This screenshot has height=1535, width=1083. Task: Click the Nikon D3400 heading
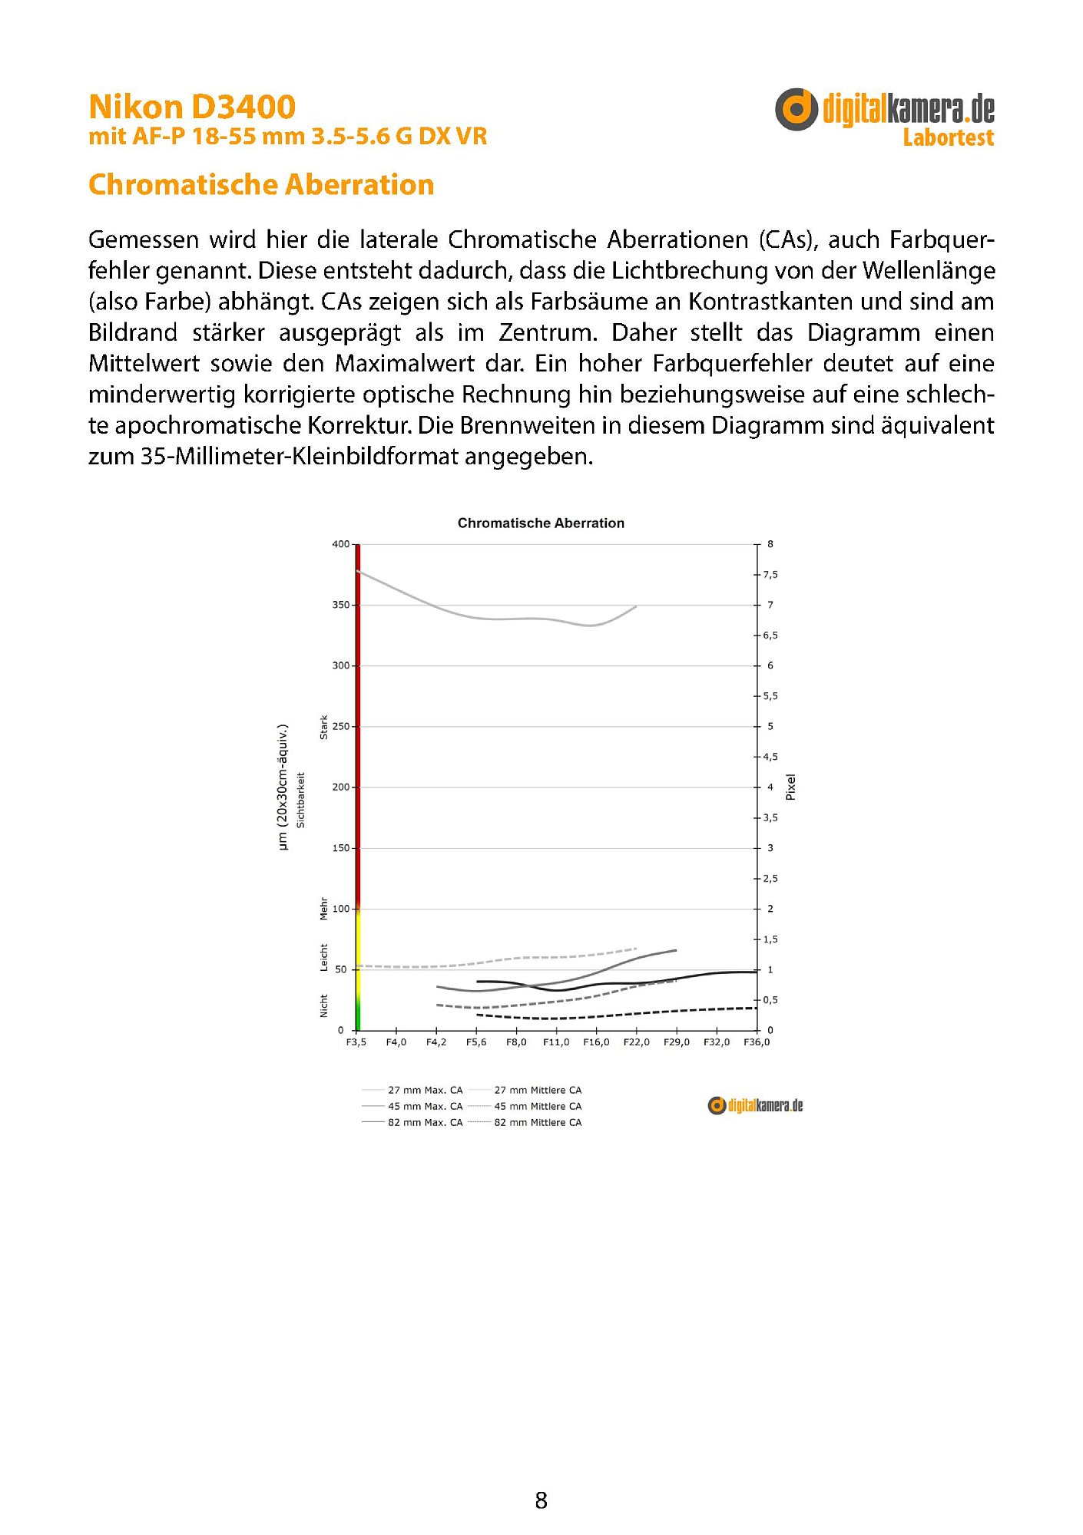click(192, 107)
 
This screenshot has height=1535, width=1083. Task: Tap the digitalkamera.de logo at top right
click(884, 109)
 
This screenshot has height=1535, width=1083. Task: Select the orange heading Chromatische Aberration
click(261, 185)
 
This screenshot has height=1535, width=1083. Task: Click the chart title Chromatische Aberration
click(541, 523)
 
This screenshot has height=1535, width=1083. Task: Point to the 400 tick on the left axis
click(340, 544)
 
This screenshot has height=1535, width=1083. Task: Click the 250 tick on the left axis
click(340, 726)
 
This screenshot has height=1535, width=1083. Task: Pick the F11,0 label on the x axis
click(556, 1042)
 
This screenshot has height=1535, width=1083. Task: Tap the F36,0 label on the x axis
click(757, 1042)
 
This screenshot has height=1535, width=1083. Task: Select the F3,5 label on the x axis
click(356, 1042)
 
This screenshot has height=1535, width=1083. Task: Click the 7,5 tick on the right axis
click(770, 575)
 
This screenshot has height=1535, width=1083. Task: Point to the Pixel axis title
click(790, 787)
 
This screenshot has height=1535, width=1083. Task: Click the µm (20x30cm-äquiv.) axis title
click(283, 787)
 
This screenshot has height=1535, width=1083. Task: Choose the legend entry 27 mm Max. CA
click(425, 1090)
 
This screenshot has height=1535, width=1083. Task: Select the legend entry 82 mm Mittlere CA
click(538, 1122)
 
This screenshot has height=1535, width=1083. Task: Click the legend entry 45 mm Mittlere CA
click(538, 1106)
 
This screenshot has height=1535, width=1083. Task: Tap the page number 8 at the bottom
click(541, 1500)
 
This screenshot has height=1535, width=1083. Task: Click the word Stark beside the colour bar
click(323, 728)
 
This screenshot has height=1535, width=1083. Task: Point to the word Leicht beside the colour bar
click(323, 958)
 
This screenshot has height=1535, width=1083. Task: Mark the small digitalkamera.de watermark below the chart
click(755, 1105)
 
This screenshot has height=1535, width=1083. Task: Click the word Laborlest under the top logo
click(948, 138)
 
